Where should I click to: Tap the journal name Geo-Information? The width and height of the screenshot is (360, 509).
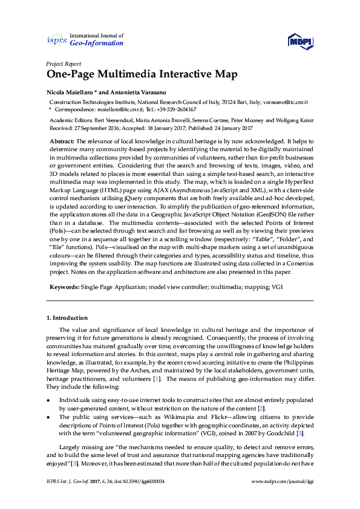click(x=97, y=44)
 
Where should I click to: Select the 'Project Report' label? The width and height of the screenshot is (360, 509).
click(x=64, y=63)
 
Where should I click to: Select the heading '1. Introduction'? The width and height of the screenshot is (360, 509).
click(x=67, y=318)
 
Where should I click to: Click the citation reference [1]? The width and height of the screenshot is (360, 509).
click(x=157, y=378)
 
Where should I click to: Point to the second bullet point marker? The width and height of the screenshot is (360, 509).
click(x=48, y=417)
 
